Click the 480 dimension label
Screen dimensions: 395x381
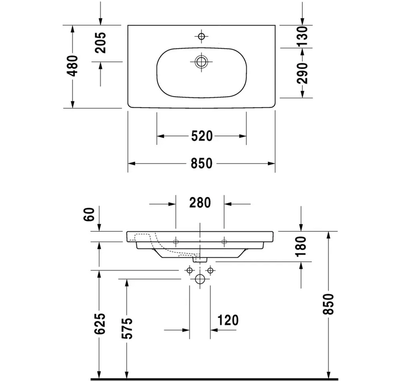72,66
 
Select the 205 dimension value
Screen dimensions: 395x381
101,43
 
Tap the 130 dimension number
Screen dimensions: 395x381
302,36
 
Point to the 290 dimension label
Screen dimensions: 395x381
302,73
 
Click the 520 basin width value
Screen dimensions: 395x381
202,136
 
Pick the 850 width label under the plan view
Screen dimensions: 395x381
201,163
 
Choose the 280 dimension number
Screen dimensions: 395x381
200,203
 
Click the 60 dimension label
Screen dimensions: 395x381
89,214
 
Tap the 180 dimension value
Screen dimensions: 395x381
301,246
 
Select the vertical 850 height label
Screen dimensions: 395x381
328,304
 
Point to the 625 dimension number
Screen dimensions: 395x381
100,323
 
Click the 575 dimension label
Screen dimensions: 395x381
127,328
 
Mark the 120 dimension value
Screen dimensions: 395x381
228,320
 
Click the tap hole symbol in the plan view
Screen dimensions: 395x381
201,36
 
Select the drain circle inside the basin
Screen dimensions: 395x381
201,62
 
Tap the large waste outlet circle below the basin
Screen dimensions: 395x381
200,279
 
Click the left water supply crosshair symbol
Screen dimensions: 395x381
190,270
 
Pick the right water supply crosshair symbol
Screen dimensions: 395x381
210,270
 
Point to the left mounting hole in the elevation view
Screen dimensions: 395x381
176,242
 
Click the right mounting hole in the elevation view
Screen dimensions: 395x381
224,242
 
